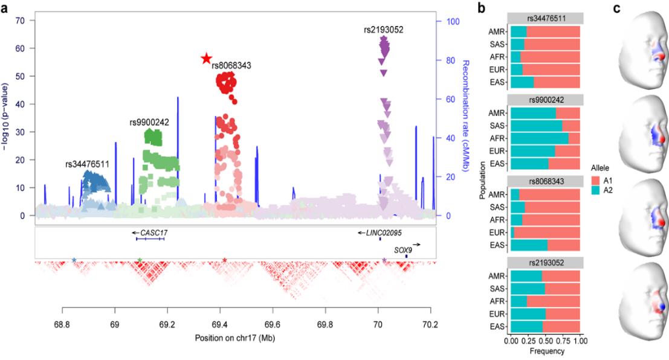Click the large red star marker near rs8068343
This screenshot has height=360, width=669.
coord(206,58)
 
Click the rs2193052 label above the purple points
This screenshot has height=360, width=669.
coord(384,30)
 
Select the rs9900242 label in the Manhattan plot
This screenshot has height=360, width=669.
coord(149,122)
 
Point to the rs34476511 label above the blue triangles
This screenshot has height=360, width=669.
coord(88,164)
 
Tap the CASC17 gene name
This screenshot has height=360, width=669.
coord(151,232)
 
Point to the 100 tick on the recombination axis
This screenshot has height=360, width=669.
coord(447,21)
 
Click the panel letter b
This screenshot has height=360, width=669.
coord(481,8)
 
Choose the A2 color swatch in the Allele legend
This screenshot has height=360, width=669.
coord(595,190)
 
